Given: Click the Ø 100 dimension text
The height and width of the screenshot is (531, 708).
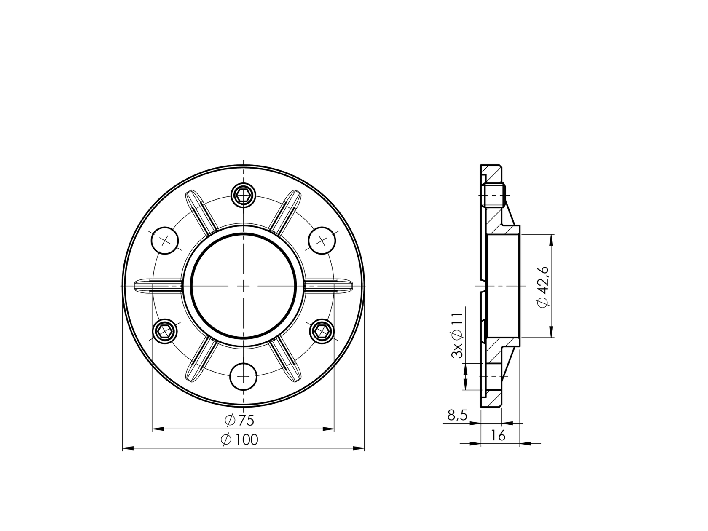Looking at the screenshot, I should pos(239,440).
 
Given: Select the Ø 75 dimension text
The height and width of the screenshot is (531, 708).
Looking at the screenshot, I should pos(239,420).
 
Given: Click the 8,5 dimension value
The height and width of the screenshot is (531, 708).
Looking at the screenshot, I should pos(457,416).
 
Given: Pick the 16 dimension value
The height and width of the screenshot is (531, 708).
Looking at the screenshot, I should pos(498,436).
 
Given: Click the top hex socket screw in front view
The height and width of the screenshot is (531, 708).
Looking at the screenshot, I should pos(244,195).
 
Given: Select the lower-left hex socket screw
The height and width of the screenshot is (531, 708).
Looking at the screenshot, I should pos(164,331).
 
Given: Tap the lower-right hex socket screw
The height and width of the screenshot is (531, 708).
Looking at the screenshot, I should pos(322,331).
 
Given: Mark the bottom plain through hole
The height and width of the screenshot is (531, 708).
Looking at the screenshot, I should pos(244,376).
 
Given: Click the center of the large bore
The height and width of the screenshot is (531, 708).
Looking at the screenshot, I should pos(244,286).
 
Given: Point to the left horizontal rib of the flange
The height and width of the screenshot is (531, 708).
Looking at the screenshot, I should pos(158,285).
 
